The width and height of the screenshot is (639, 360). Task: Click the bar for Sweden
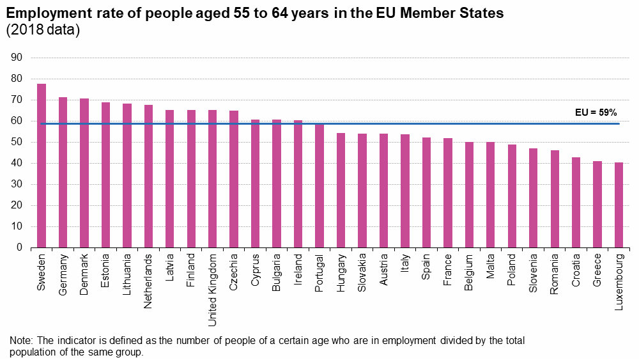coord(42,166)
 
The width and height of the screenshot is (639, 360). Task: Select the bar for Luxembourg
coord(619,205)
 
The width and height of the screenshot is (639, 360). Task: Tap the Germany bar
coord(63,172)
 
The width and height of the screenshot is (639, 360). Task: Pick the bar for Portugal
coord(319,185)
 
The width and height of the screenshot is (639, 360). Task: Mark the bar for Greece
coord(597,204)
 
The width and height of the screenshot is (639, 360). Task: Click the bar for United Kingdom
coord(212,178)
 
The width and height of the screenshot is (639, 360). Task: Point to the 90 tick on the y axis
coord(17,58)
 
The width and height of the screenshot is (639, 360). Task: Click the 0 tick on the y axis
coord(20,247)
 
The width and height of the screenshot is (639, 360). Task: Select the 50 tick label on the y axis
coord(17,142)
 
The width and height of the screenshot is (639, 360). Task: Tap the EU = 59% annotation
coord(596,112)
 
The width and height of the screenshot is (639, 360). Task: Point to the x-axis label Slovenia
coord(534,274)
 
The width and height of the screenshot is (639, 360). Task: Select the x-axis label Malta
coord(491,267)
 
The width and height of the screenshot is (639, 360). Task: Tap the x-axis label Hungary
coord(341,274)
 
